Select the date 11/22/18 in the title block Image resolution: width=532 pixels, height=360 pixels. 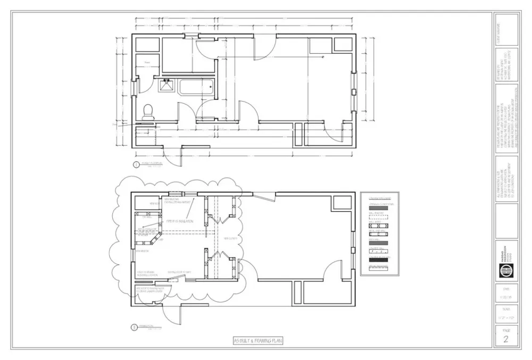point(505,298)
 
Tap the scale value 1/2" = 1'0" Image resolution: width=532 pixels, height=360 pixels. point(505,318)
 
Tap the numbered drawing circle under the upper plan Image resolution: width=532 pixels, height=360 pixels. point(136,164)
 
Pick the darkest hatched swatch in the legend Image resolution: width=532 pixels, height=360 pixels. point(379,260)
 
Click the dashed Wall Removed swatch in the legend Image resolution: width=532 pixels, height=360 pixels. point(379,217)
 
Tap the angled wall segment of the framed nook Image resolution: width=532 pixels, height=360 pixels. point(157,237)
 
